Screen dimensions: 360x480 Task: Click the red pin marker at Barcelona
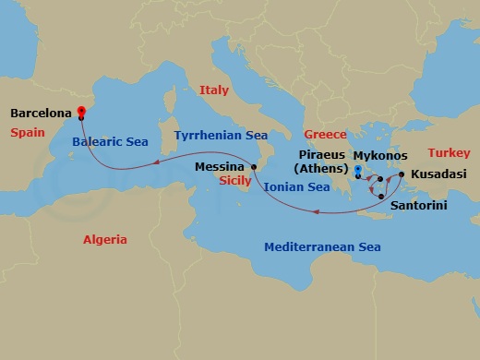pyautogui.click(x=81, y=112)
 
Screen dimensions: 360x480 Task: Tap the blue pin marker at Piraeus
pyautogui.click(x=357, y=170)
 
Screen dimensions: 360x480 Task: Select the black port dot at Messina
pyautogui.click(x=253, y=168)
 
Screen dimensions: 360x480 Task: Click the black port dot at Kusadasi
pyautogui.click(x=402, y=174)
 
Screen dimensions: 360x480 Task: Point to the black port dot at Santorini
pyautogui.click(x=381, y=197)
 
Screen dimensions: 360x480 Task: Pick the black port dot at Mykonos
pyautogui.click(x=379, y=179)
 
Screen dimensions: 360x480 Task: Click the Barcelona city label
pyautogui.click(x=41, y=114)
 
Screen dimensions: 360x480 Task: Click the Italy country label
pyautogui.click(x=213, y=90)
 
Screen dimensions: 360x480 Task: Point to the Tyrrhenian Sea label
pyautogui.click(x=221, y=136)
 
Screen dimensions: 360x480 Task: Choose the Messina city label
pyautogui.click(x=220, y=167)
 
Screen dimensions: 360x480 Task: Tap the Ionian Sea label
pyautogui.click(x=296, y=187)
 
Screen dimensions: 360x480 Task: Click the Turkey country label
pyautogui.click(x=450, y=153)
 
